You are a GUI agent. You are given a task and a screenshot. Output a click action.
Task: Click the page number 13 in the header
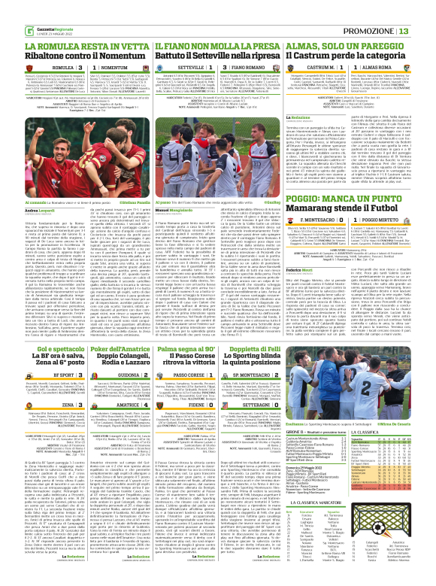425,9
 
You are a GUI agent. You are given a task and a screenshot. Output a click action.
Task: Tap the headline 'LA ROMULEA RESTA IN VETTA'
69,25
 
